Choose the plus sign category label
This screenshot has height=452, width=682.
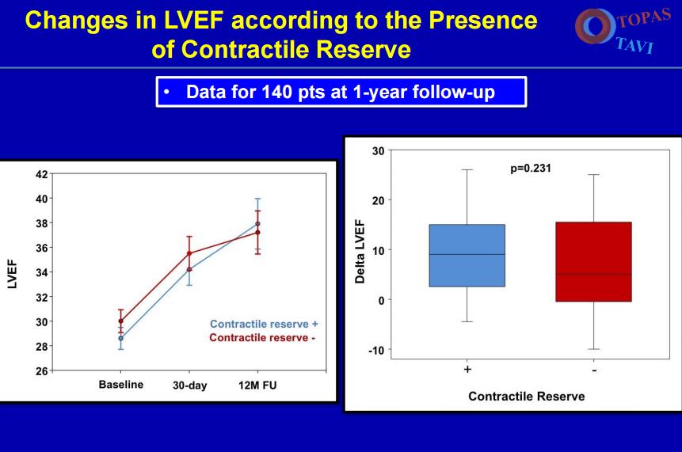[x=468, y=370]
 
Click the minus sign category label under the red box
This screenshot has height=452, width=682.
[x=593, y=370]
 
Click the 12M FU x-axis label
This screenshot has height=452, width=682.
[x=257, y=386]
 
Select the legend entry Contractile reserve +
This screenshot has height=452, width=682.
[x=264, y=324]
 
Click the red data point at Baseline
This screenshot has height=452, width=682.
[x=120, y=321]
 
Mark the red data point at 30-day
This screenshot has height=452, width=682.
[x=189, y=253]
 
